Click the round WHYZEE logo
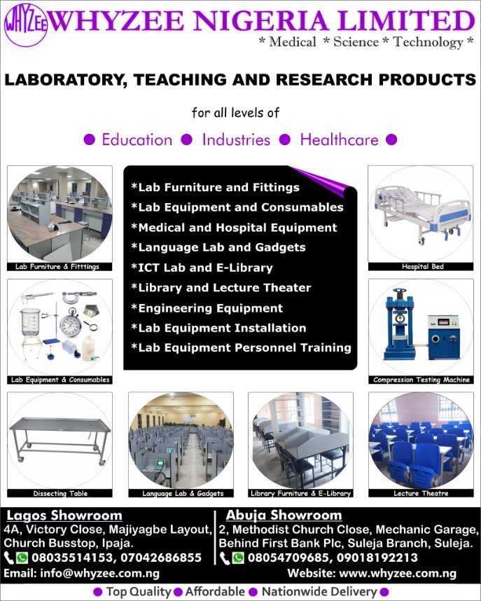(25, 24)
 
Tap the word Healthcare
(339, 139)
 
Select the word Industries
(236, 139)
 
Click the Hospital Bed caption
(422, 267)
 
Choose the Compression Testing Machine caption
(421, 380)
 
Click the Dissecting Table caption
(60, 493)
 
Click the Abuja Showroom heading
(284, 516)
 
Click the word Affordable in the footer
(215, 592)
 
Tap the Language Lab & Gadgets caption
(183, 493)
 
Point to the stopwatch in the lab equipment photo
(71, 324)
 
